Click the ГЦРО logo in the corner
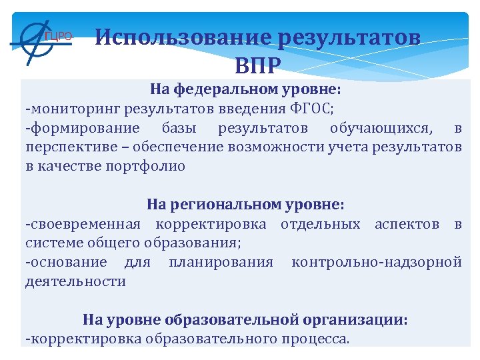pos(40,37)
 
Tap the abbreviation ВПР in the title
pos(258,65)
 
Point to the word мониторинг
pos(73,109)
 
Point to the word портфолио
pos(145,166)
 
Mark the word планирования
pos(221,262)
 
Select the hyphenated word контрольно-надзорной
pos(376,262)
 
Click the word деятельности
pos(75,281)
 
